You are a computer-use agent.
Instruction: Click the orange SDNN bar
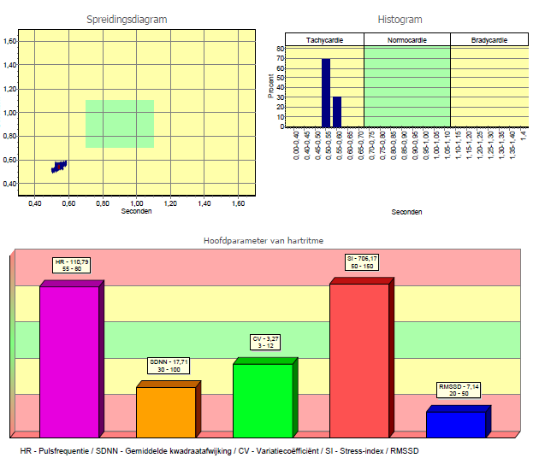pyautogui.click(x=166, y=412)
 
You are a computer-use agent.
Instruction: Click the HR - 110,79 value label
pyautogui.click(x=70, y=264)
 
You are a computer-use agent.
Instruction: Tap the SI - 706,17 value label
pyautogui.click(x=361, y=261)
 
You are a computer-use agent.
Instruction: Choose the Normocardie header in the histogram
pyautogui.click(x=407, y=40)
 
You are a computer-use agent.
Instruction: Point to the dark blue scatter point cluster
pyautogui.click(x=59, y=166)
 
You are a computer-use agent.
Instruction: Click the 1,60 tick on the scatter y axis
pyautogui.click(x=11, y=41)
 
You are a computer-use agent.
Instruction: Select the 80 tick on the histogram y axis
pyautogui.click(x=281, y=49)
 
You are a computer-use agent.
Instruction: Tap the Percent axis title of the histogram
pyautogui.click(x=271, y=86)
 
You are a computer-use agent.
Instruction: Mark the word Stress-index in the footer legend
pyautogui.click(x=370, y=449)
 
